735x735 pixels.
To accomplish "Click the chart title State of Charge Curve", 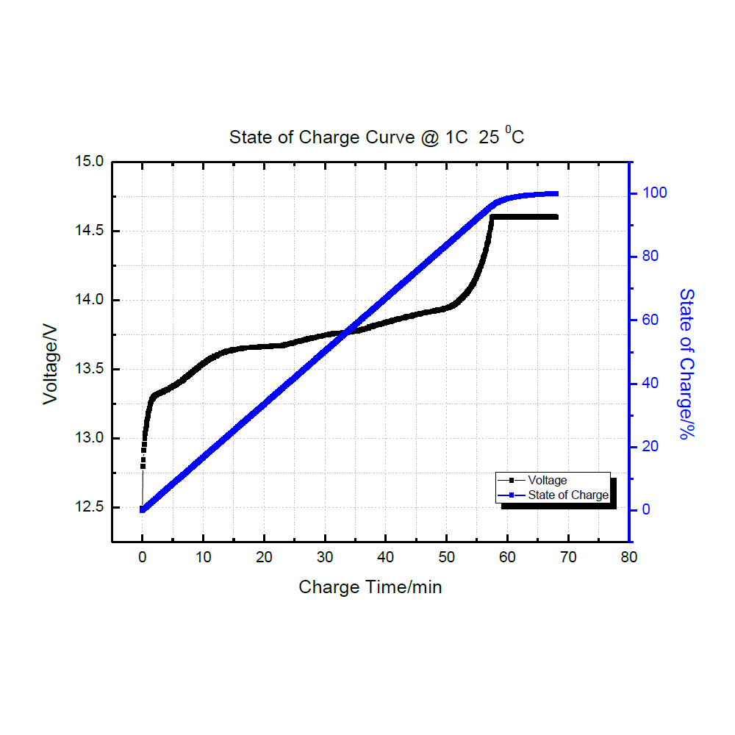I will click(376, 137).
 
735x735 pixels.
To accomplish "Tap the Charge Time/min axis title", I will click(370, 587).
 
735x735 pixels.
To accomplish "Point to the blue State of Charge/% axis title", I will click(686, 364).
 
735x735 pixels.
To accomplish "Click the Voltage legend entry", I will click(548, 481).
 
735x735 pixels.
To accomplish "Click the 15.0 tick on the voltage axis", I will click(90, 162).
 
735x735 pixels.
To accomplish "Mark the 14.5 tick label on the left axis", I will click(90, 231).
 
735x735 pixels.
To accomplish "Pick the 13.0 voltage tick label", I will click(90, 439).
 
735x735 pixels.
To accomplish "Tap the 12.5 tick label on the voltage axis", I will click(90, 508).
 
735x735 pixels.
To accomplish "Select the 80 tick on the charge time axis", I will click(628, 557).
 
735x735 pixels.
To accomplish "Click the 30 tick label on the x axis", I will click(325, 557).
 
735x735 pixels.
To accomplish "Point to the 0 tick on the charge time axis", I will click(142, 557).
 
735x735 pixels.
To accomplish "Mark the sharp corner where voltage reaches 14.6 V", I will click(492, 217).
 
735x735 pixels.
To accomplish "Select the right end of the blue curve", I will click(556, 194).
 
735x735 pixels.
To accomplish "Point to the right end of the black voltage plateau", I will click(556, 217).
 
